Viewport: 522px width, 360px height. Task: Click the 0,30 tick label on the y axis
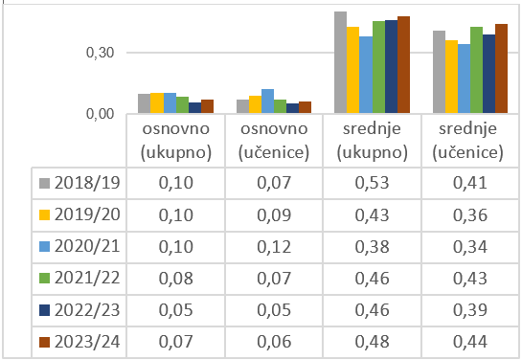coord(100,53)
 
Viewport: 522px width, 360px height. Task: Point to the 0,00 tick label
coord(100,114)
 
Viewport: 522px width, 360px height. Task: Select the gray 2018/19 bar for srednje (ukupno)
coord(341,62)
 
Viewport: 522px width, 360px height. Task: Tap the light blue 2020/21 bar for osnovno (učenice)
coord(267,101)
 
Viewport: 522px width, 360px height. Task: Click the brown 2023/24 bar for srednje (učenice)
coord(501,69)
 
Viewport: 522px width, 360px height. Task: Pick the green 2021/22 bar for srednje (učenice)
coord(476,70)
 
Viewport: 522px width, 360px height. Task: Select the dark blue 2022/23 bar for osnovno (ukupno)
coord(194,108)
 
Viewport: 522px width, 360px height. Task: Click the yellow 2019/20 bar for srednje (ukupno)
coord(352,70)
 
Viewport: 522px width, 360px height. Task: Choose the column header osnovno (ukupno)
coord(176,141)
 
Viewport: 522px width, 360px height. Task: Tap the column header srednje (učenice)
coord(467,141)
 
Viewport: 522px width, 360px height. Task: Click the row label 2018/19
coord(87,183)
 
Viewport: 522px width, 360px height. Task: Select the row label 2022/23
coord(87,310)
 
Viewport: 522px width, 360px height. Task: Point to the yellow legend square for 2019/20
coord(45,214)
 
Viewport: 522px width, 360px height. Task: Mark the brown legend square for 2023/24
coord(45,342)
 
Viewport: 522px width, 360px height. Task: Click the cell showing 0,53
coord(372,183)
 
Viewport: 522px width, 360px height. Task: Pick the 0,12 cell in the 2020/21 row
coord(274,247)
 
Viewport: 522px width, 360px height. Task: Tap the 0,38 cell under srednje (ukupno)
coord(372,247)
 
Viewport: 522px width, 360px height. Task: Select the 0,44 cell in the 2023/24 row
coord(470,342)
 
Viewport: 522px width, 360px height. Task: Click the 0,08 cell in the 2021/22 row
coord(176,279)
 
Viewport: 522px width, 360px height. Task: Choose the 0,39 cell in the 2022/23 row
coord(470,310)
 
